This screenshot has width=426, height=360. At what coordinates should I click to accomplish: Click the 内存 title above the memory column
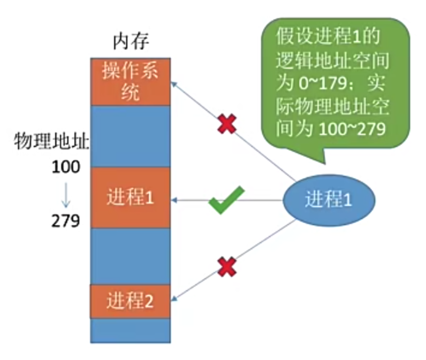(130, 42)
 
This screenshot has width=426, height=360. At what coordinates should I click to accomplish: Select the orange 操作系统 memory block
(130, 81)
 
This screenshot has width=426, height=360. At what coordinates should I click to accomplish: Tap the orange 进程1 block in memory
(130, 198)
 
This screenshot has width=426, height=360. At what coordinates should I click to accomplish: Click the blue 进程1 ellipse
(329, 200)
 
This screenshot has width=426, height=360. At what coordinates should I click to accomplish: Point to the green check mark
(226, 200)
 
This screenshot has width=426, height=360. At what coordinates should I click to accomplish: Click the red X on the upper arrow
(227, 125)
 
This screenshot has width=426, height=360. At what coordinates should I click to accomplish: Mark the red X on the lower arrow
(227, 266)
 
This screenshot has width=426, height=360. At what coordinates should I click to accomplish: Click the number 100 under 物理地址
(65, 167)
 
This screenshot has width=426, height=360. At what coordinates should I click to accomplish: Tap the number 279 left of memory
(65, 220)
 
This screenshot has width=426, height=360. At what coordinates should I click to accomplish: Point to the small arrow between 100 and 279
(65, 194)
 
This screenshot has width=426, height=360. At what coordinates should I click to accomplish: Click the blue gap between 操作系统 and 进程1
(130, 136)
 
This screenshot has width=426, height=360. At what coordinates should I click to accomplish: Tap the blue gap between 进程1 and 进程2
(130, 257)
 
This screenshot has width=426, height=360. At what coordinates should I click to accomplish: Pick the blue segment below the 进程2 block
(130, 331)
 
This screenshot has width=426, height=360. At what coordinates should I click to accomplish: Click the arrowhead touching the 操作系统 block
(173, 83)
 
